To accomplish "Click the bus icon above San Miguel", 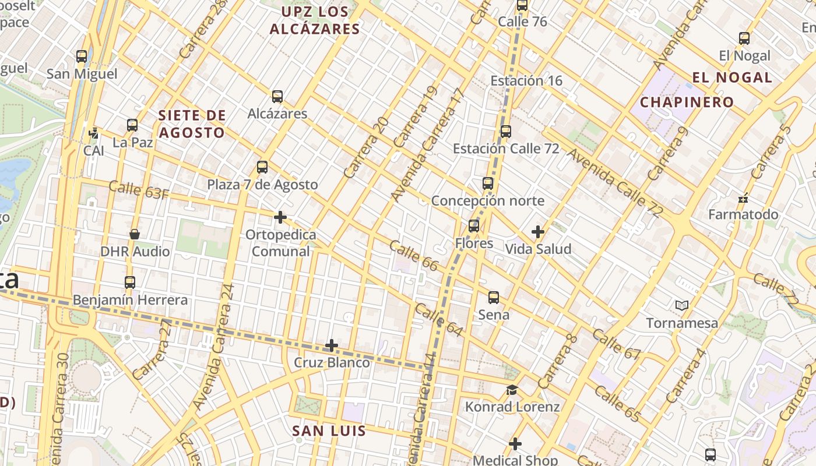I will (82, 57).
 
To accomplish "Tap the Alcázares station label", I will (277, 114).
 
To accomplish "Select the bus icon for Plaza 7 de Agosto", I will (262, 167).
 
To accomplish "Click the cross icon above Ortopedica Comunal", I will (280, 217).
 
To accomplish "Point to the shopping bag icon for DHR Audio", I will (135, 234).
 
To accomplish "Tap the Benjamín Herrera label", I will (130, 300).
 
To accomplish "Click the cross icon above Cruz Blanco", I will (332, 345).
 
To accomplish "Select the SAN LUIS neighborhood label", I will (329, 431).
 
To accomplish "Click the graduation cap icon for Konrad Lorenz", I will (512, 390).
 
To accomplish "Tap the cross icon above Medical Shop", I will (515, 444).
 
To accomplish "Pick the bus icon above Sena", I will (494, 298).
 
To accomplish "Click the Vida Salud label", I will (538, 249).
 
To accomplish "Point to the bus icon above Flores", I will (474, 226).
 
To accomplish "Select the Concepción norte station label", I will (487, 201).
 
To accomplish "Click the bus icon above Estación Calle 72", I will (506, 132).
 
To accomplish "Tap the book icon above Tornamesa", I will (681, 305).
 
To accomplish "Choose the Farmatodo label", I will (743, 214).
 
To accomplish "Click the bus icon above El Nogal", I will (744, 38).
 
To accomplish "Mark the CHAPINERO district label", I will (687, 103).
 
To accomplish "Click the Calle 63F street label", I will (139, 190).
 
